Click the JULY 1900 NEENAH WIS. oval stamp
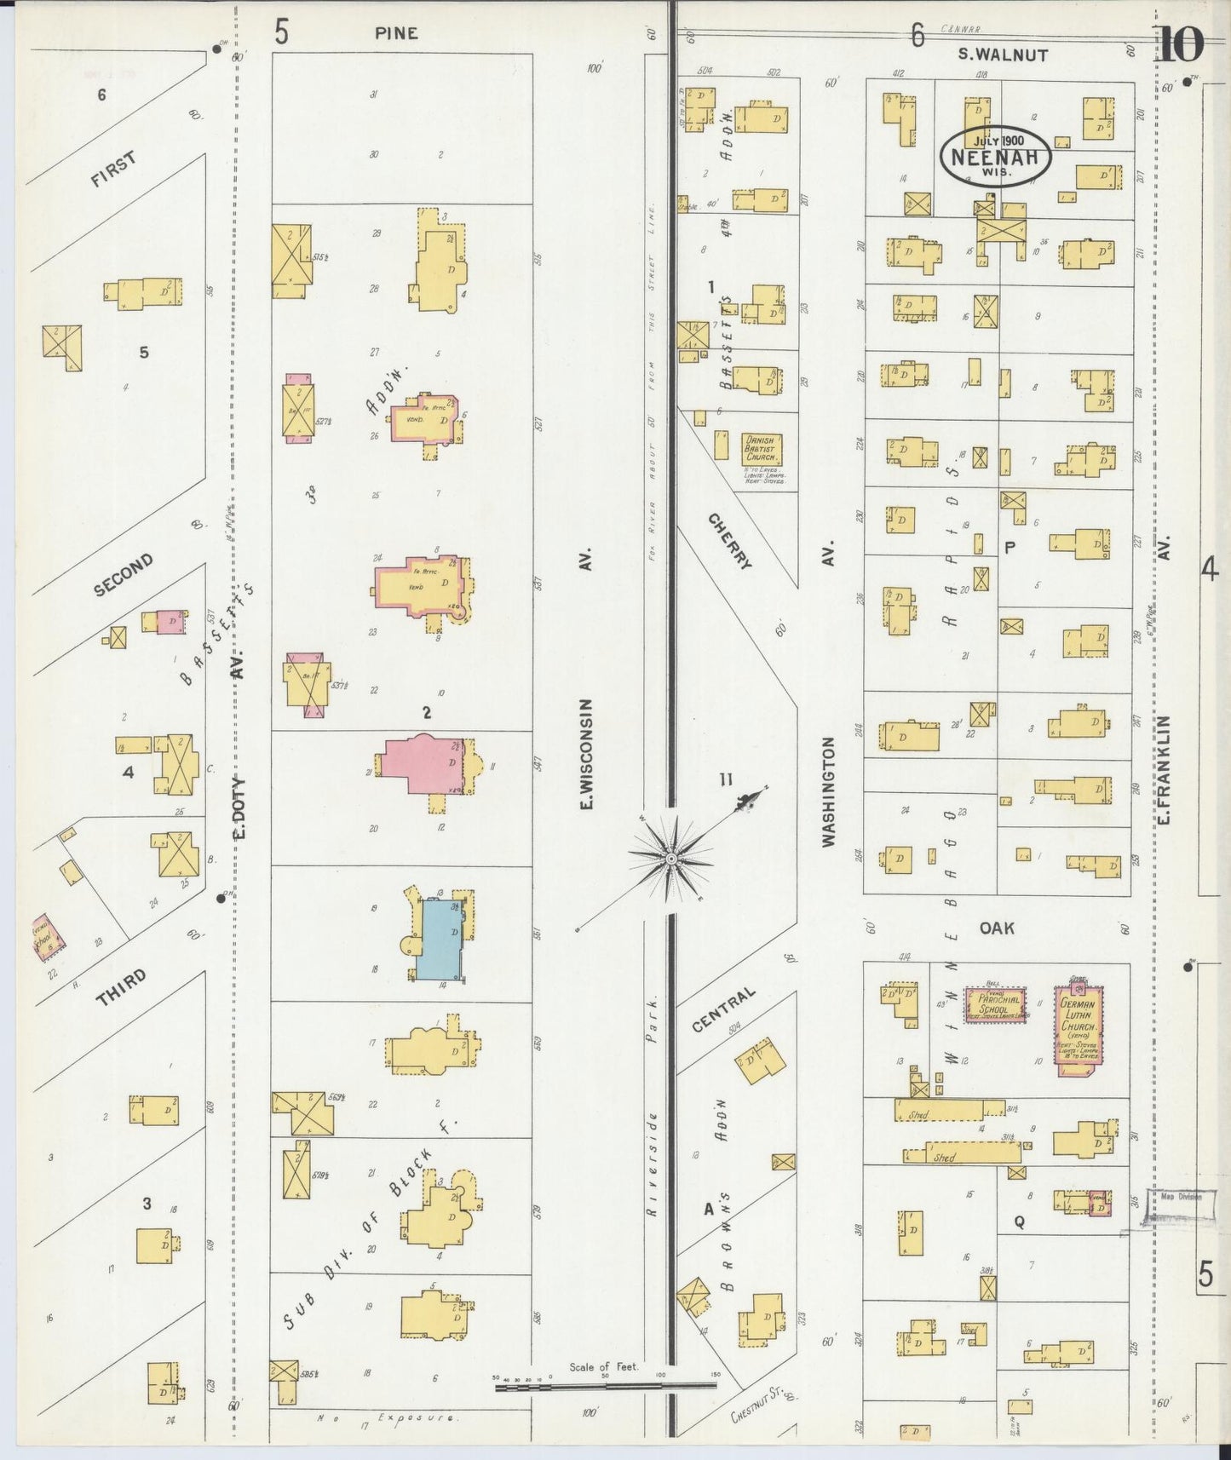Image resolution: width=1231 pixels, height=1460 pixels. [995, 156]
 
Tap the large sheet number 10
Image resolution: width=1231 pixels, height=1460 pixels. [1180, 45]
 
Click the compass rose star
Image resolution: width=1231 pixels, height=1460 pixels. [671, 859]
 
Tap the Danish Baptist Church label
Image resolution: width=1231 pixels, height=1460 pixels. [761, 448]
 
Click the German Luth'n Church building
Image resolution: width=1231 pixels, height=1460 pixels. [1079, 1029]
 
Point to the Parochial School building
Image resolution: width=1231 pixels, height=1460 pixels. [995, 1005]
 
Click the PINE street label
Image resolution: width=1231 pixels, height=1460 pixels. [396, 33]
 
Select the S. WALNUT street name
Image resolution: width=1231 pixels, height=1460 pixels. [1003, 55]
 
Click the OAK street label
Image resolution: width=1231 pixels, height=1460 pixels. [997, 928]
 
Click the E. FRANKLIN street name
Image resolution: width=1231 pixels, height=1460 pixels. [1165, 769]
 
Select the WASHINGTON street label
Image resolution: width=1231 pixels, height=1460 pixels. [829, 791]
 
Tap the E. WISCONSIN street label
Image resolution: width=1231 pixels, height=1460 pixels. [586, 755]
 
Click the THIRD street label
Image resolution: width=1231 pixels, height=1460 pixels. [121, 988]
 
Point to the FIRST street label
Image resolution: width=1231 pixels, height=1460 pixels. [113, 174]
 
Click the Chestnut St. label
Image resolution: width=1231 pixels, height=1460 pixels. [756, 1406]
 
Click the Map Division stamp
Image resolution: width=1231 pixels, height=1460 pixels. [1180, 1197]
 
